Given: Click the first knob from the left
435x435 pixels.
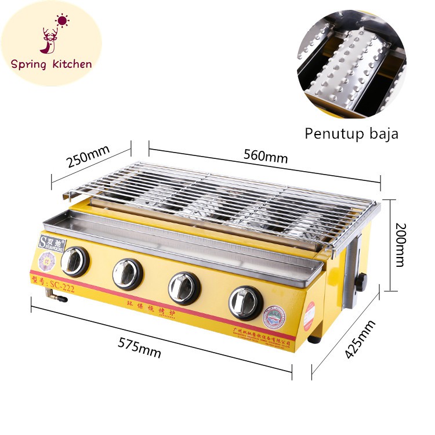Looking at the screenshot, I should click(75, 262).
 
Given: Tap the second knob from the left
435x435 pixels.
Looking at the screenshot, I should click(128, 273).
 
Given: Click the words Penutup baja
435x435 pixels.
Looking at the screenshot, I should click(351, 133).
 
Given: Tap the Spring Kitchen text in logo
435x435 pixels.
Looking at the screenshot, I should click(51, 64).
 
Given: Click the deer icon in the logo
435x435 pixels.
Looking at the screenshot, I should click(50, 40).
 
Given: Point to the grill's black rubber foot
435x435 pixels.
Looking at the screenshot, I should click(314, 338).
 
